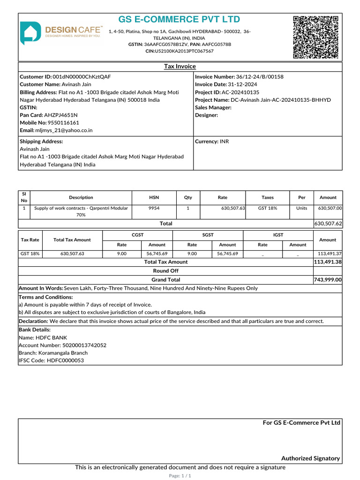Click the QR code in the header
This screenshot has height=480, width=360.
(315, 37)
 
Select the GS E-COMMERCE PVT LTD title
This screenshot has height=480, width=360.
(179, 20)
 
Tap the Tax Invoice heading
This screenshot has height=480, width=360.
(180, 67)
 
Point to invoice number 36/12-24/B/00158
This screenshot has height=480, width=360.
(260, 77)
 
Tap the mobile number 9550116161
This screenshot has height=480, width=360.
(63, 123)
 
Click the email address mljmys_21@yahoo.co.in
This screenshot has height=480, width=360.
(64, 131)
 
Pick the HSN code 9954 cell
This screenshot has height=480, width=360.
(154, 208)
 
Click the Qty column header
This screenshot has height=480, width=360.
(187, 198)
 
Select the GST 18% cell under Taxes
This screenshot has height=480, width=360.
(268, 208)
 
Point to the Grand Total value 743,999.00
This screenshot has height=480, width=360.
(328, 280)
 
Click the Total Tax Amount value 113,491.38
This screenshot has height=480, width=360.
(328, 262)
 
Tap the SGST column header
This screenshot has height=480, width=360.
(208, 235)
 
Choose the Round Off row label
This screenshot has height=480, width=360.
(165, 271)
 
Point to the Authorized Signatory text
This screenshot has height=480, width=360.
(310, 458)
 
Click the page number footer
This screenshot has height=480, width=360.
(180, 476)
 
